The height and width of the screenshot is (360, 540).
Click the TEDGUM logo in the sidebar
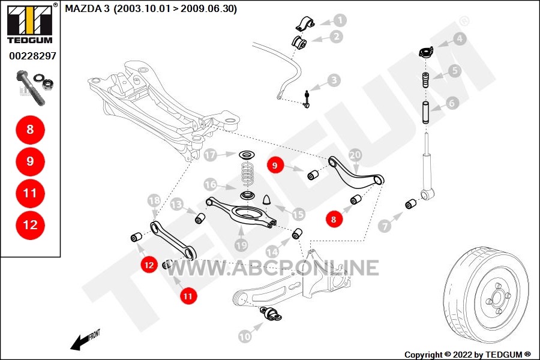30,23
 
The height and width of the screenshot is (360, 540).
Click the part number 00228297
32,56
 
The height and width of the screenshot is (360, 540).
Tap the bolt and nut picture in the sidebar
34,88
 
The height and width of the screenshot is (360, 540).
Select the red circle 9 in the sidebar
30,161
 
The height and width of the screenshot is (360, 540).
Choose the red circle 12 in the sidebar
30,225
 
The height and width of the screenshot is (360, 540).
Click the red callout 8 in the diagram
334,219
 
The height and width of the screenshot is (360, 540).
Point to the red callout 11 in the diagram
188,296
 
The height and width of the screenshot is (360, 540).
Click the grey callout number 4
460,39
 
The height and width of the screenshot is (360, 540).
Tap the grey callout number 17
211,155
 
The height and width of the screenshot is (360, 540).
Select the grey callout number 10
245,336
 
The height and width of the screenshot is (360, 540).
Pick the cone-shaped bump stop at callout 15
267,200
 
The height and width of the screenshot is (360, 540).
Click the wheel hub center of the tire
497,297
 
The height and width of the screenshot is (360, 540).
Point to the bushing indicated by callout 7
410,204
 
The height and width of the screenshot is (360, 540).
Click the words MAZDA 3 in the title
87,8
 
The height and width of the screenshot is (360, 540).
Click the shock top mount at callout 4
426,52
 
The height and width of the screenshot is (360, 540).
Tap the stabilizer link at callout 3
307,99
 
